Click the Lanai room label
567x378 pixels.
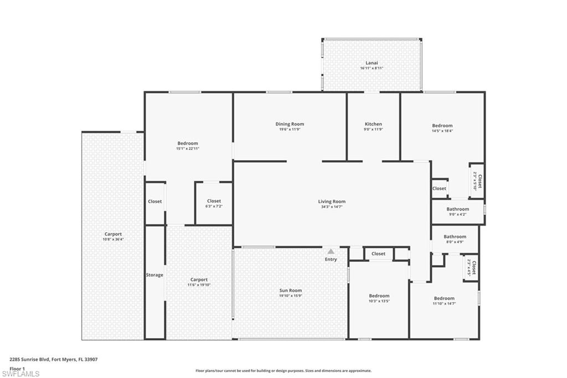(x=372, y=63)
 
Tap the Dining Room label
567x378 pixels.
(x=290, y=124)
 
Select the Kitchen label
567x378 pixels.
(x=373, y=124)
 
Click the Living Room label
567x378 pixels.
(x=332, y=202)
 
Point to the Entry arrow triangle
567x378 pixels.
(x=331, y=252)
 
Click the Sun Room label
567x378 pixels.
(x=291, y=290)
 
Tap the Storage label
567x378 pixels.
(x=154, y=275)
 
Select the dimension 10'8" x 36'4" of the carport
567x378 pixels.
(x=114, y=239)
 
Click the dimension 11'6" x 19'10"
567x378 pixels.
(x=199, y=285)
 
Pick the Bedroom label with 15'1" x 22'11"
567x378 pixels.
(x=187, y=144)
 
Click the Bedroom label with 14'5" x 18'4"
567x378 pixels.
(x=442, y=126)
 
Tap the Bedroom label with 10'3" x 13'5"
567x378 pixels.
(x=379, y=296)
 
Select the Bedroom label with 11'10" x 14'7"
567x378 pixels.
(x=444, y=298)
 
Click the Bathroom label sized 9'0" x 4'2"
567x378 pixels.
(x=457, y=209)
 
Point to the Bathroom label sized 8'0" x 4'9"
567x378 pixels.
(x=455, y=237)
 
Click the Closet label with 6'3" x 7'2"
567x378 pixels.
(x=214, y=201)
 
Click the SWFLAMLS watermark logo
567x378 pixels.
(x=20, y=374)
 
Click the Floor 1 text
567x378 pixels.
(x=17, y=368)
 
